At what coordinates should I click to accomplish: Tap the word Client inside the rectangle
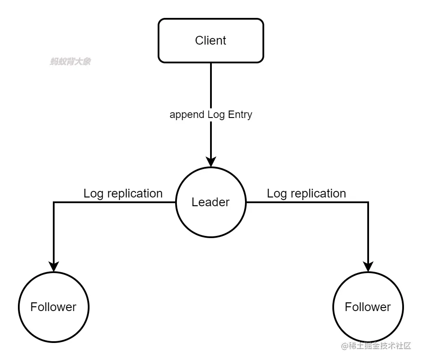[210, 40]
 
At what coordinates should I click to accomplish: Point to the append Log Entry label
[210, 114]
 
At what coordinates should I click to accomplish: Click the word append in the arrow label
[186, 115]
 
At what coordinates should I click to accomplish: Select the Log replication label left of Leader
[123, 193]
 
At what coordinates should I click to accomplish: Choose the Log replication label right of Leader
[306, 193]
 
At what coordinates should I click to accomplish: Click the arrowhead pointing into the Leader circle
[210, 162]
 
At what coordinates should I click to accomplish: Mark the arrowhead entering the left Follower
[53, 266]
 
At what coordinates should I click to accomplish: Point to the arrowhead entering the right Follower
[368, 266]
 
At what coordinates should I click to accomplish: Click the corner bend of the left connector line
[53, 202]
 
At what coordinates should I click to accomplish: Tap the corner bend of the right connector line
[368, 202]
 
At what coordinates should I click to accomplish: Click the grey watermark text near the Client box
[70, 62]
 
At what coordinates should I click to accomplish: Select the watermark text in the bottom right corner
[376, 346]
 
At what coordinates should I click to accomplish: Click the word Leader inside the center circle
[210, 202]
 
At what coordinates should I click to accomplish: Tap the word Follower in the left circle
[53, 307]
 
